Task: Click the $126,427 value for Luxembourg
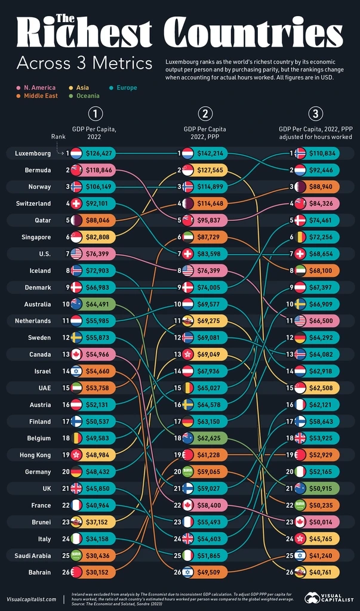point(99,153)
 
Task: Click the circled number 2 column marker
point(205,113)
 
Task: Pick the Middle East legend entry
point(40,95)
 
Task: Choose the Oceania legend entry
point(87,95)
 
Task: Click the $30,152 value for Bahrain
point(99,572)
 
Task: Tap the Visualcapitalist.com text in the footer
point(32,598)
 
